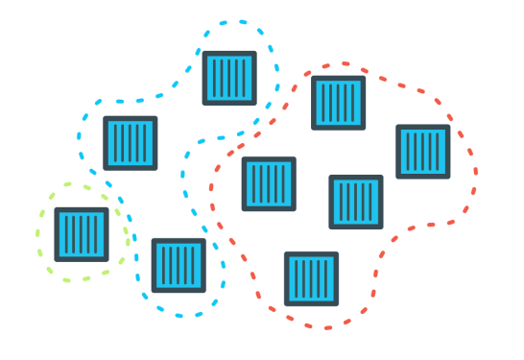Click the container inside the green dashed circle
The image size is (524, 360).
click(81, 234)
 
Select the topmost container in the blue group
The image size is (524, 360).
click(229, 78)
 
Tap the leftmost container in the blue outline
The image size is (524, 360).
click(130, 143)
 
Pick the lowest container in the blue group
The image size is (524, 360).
click(179, 265)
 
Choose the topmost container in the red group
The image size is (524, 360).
click(338, 102)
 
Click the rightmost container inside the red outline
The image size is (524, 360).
click(423, 152)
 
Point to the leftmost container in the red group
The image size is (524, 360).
click(269, 183)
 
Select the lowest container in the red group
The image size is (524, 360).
click(311, 278)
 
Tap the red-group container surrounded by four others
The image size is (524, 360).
click(356, 202)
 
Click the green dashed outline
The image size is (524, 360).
click(38, 234)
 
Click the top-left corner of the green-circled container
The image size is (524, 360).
click(56, 209)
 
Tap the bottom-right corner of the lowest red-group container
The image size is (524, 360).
click(337, 303)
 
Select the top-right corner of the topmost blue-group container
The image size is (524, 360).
click(255, 53)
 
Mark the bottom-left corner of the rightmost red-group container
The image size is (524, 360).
click(398, 177)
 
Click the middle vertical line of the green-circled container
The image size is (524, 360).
click(81, 234)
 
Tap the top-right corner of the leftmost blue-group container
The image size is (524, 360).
click(155, 118)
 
